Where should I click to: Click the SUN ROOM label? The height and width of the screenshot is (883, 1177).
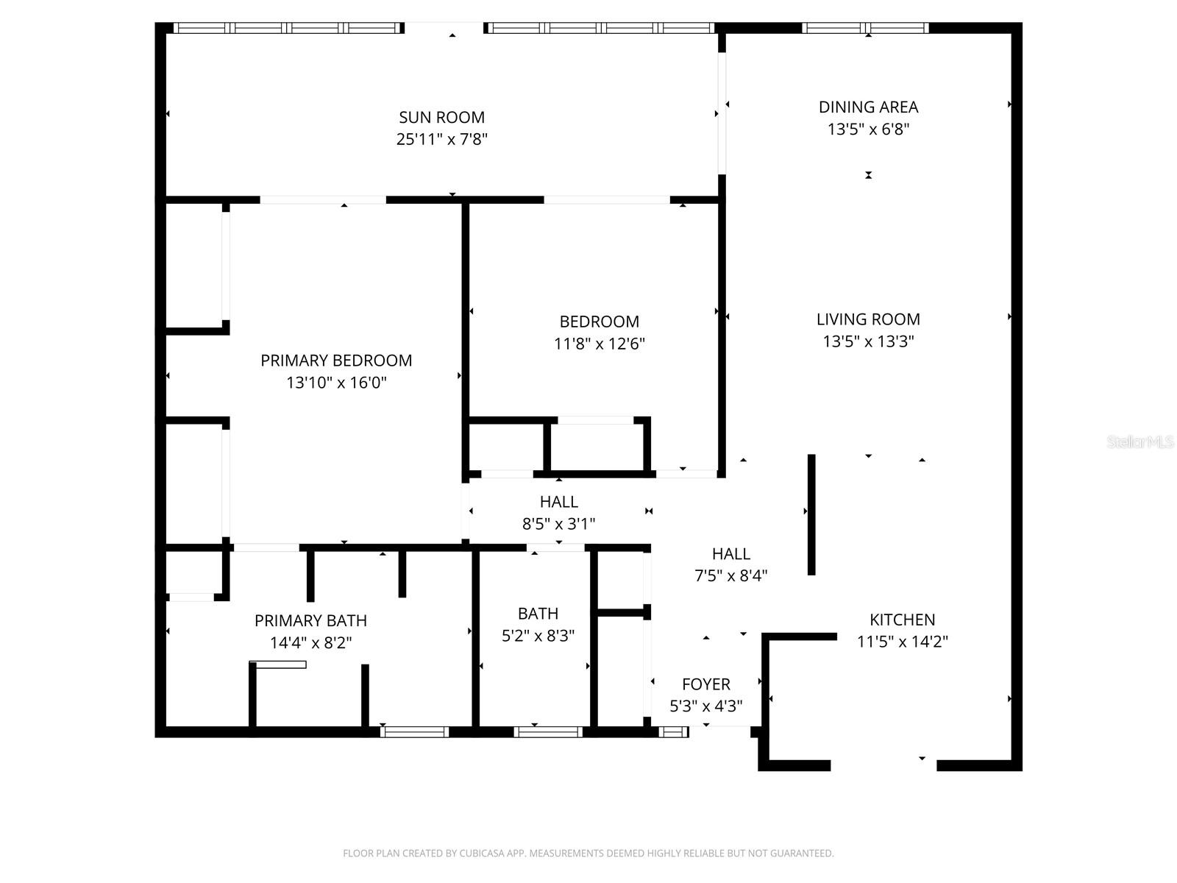(x=441, y=117)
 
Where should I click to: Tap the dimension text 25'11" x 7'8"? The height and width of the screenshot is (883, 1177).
(x=441, y=139)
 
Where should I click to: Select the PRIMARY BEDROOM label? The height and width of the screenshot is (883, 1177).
(x=336, y=361)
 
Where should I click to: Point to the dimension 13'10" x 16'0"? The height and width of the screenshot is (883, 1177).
(x=336, y=383)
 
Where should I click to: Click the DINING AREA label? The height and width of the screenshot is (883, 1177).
(x=868, y=107)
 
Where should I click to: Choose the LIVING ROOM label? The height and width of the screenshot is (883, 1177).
(x=868, y=319)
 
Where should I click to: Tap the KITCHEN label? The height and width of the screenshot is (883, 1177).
(x=902, y=620)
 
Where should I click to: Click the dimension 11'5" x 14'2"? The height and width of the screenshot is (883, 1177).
(x=902, y=642)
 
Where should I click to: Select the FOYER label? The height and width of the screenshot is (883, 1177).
(x=705, y=684)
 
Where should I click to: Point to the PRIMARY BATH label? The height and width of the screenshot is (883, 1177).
(x=310, y=620)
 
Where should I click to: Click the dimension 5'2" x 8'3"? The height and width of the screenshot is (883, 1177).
(x=538, y=636)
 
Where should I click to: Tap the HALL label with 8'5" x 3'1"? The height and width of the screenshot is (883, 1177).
(x=558, y=502)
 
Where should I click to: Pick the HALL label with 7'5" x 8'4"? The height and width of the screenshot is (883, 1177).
(x=730, y=554)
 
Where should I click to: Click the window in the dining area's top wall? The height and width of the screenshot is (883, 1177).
(x=865, y=28)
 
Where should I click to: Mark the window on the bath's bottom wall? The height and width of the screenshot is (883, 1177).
(x=548, y=731)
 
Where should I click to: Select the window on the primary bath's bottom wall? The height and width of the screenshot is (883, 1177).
(x=414, y=731)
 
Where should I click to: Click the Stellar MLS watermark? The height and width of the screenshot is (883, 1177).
(x=1139, y=442)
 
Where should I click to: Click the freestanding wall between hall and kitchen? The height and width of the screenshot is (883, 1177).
(x=811, y=514)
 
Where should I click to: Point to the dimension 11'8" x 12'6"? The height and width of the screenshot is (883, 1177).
(x=599, y=344)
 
